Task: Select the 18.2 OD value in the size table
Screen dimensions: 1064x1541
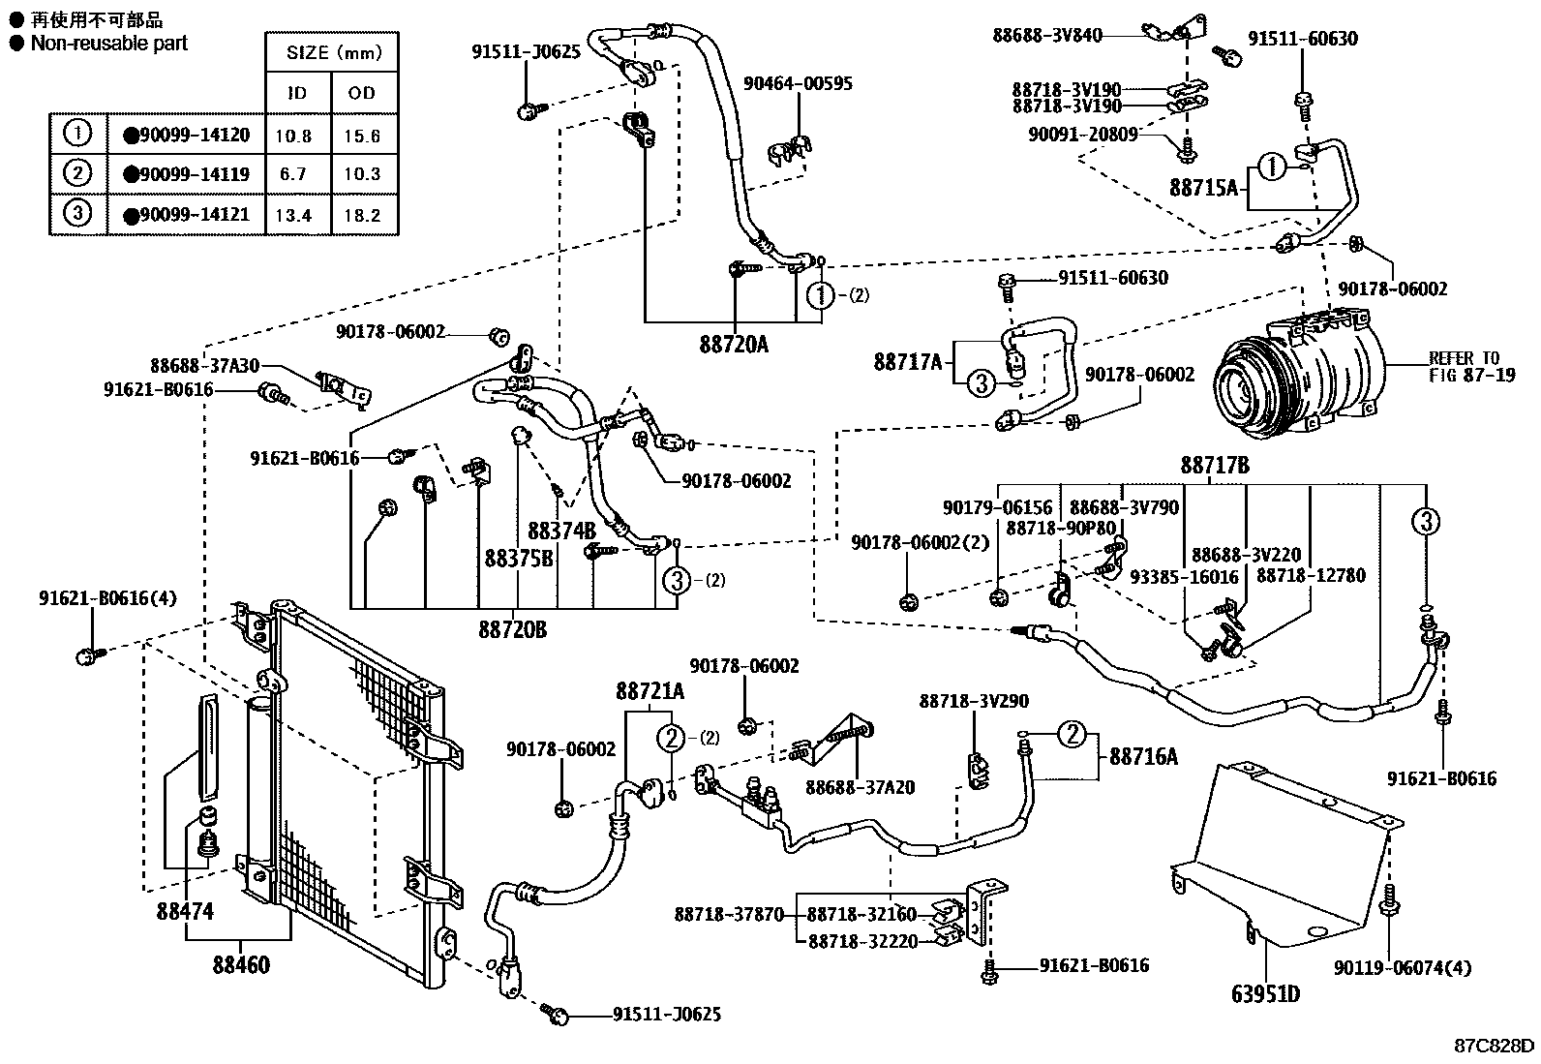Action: (362, 215)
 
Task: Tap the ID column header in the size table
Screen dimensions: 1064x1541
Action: (297, 93)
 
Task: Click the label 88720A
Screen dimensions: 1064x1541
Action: (734, 343)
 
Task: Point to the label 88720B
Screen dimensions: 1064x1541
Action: (512, 630)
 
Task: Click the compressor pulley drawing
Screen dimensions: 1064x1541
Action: (1250, 383)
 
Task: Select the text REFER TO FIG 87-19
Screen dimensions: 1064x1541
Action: (1471, 366)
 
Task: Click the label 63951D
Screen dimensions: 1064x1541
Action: (1265, 994)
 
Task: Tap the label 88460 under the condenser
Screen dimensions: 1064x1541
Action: (241, 964)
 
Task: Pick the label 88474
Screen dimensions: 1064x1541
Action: (185, 911)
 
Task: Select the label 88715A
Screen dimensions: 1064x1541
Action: (1203, 188)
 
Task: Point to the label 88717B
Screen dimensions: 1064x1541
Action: (1214, 466)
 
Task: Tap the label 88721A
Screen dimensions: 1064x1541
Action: (650, 691)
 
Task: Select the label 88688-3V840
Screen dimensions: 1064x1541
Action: (1047, 35)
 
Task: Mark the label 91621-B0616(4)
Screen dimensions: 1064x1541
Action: (108, 597)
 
